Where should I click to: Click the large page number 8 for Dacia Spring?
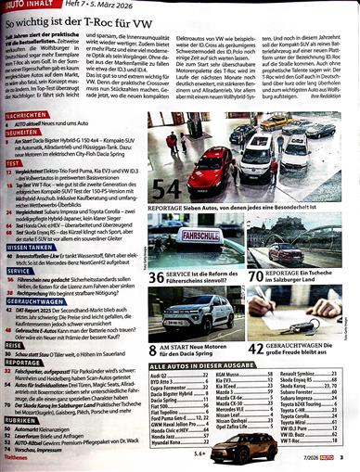click(x=154, y=345)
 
